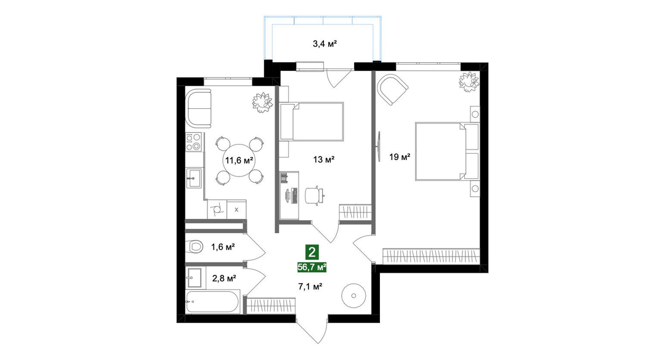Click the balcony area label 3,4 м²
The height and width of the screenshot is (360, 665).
pyautogui.click(x=324, y=43)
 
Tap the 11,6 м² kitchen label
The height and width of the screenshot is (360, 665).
pyautogui.click(x=239, y=160)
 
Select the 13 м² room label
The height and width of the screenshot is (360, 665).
pyautogui.click(x=324, y=159)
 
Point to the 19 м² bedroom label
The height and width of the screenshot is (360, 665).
pyautogui.click(x=400, y=158)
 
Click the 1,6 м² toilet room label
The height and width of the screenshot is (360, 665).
pyautogui.click(x=223, y=246)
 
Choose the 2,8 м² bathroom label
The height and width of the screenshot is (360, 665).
pyautogui.click(x=224, y=278)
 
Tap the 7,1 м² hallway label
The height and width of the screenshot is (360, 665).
pyautogui.click(x=312, y=287)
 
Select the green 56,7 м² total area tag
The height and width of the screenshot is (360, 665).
pyautogui.click(x=312, y=266)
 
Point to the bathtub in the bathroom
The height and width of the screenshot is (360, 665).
pyautogui.click(x=212, y=302)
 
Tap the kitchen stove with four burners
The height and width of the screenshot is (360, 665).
pyautogui.click(x=195, y=142)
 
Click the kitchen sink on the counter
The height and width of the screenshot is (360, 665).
pyautogui.click(x=195, y=178)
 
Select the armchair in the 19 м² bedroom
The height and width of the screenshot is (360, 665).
pyautogui.click(x=393, y=89)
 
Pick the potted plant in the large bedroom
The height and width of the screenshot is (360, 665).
pyautogui.click(x=468, y=82)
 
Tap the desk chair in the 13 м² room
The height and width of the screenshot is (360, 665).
pyautogui.click(x=314, y=195)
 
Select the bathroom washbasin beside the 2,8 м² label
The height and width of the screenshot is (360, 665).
pyautogui.click(x=195, y=278)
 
